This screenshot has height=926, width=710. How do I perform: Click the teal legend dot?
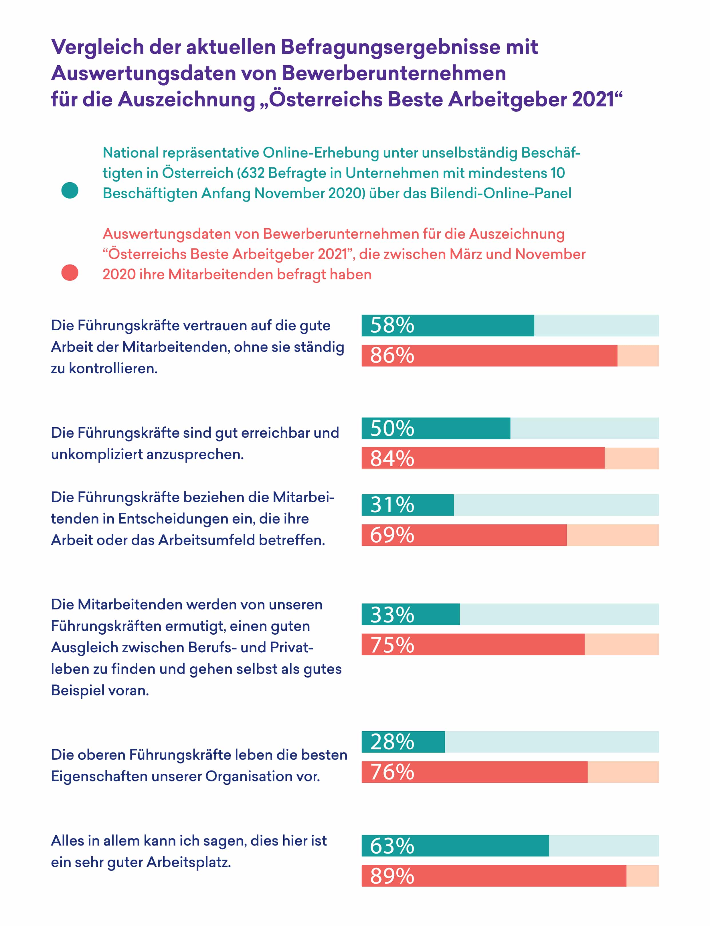[x=70, y=190]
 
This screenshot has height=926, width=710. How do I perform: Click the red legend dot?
[x=70, y=273]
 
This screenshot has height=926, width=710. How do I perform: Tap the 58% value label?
[x=392, y=325]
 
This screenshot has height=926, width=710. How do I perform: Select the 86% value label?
[x=392, y=356]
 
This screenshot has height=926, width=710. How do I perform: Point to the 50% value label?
[x=392, y=429]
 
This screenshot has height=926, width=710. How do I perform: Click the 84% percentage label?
[x=392, y=459]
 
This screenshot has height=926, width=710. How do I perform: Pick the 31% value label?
[x=392, y=505]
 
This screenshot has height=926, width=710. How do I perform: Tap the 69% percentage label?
[x=392, y=535]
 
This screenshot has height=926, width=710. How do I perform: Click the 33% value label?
[x=392, y=615]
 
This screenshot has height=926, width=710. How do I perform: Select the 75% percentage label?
[x=392, y=645]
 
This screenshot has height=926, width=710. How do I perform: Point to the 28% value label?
[x=392, y=742]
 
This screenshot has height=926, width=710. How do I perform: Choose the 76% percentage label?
[x=392, y=772]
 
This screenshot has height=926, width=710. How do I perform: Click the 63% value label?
[x=392, y=846]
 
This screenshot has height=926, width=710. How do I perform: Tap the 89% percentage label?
[x=392, y=876]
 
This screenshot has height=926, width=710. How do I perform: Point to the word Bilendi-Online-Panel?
[x=501, y=193]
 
